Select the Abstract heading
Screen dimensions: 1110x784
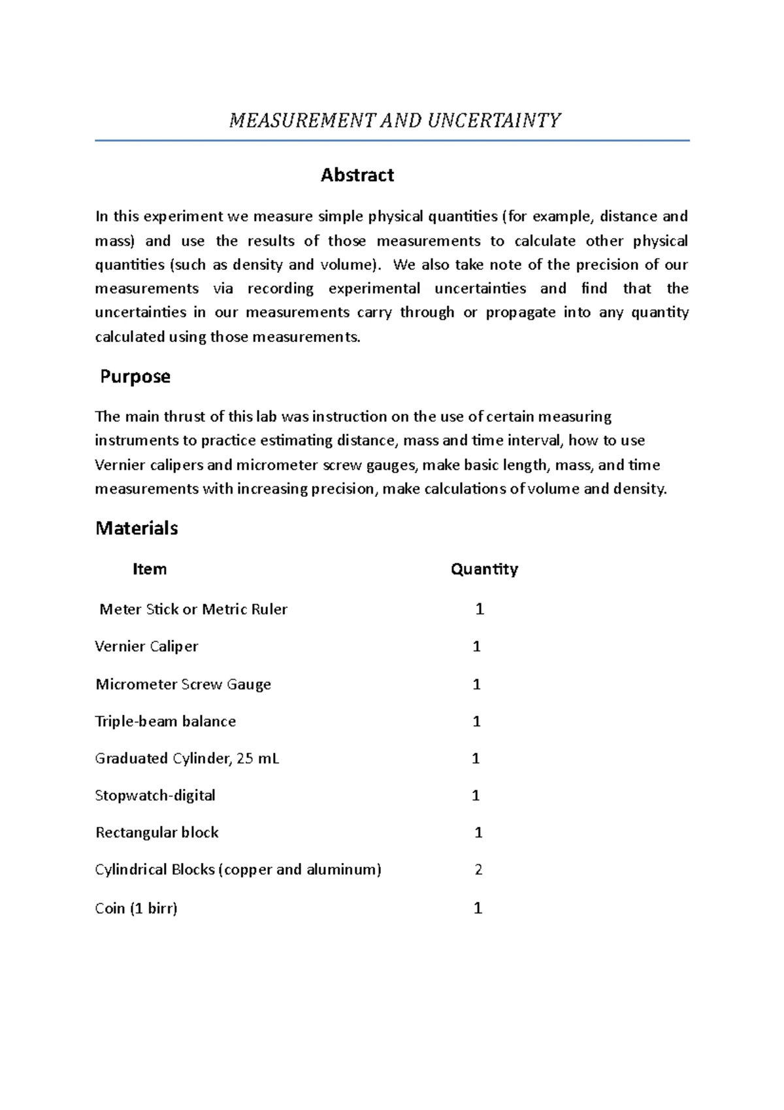pos(357,175)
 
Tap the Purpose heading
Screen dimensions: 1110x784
pos(135,377)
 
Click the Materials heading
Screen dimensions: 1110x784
pos(137,528)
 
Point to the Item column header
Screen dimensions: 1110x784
pos(150,569)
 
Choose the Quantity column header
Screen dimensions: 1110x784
pos(484,569)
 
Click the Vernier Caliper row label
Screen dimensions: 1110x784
pos(146,647)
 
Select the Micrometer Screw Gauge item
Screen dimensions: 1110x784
pos(183,684)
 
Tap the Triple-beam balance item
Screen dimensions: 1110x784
pos(165,722)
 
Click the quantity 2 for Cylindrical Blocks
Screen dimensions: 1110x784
pos(478,870)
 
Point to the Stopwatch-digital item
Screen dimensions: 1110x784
pos(155,796)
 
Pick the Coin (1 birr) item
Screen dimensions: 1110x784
pos(136,909)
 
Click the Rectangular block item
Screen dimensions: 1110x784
pos(157,833)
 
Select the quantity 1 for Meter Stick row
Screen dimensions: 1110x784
pos(480,609)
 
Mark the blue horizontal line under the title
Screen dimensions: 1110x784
pos(392,141)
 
